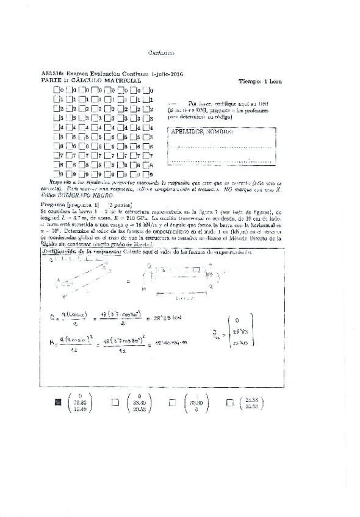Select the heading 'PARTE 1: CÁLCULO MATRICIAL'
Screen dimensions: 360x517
pos(91,80)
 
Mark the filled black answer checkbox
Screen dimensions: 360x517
pos(58,402)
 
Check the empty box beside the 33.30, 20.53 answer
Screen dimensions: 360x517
pos(114,402)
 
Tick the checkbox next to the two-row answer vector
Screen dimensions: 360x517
pos(230,402)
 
